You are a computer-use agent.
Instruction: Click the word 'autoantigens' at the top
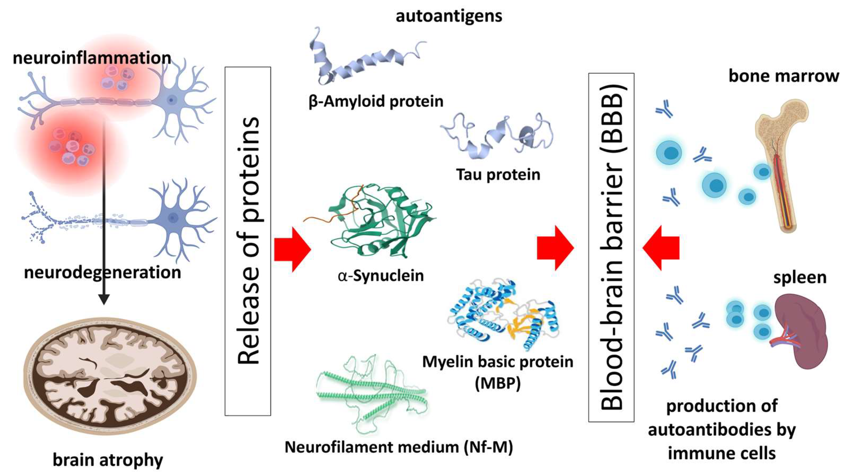point(449,16)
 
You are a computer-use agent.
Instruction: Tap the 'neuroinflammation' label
point(92,58)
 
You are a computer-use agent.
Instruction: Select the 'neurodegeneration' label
point(102,273)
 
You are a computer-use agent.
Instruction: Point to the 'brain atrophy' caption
point(108,460)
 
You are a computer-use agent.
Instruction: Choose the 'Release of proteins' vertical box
point(248,241)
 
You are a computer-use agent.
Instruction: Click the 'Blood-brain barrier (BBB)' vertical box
point(611,247)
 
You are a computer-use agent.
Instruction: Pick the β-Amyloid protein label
point(376,101)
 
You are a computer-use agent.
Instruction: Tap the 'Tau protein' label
point(498,174)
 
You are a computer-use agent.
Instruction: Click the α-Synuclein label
point(381,276)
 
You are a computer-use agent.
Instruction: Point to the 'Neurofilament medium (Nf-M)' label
point(398,447)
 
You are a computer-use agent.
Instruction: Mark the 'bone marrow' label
point(784,76)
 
